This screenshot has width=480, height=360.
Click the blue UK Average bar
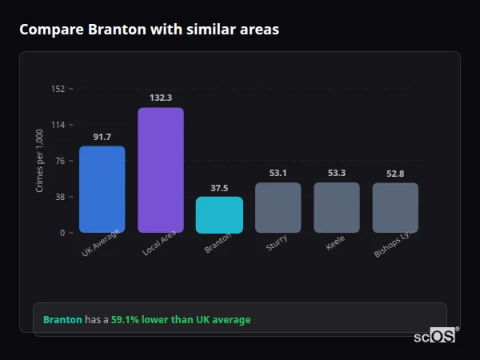click(x=102, y=190)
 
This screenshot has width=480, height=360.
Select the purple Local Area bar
click(x=160, y=170)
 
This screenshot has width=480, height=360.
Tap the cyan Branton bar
click(x=219, y=214)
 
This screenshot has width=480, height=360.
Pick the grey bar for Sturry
click(x=278, y=207)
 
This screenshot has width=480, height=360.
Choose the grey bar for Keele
click(x=337, y=207)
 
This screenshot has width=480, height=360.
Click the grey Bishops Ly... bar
click(x=395, y=207)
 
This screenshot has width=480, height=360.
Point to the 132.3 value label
click(x=160, y=98)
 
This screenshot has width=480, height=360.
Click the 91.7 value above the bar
click(x=102, y=137)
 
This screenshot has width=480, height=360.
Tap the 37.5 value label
click(x=219, y=188)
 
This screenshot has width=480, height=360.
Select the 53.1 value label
click(x=278, y=173)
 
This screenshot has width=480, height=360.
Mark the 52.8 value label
click(x=395, y=174)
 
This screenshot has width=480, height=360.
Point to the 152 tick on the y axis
click(x=58, y=89)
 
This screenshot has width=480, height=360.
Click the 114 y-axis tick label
click(x=58, y=125)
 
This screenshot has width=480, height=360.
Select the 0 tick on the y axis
click(x=62, y=233)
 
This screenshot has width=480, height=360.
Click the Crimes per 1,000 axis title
click(x=39, y=161)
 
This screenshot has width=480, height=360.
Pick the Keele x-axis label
click(x=335, y=243)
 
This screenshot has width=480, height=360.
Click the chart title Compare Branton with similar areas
click(x=149, y=30)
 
